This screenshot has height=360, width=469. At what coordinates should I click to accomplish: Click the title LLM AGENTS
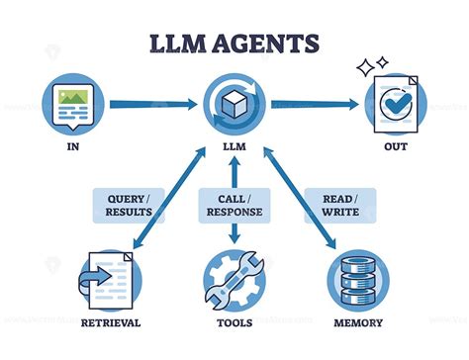click(234, 44)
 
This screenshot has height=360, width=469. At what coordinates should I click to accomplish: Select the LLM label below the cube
click(234, 151)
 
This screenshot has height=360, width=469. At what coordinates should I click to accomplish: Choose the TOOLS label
click(234, 322)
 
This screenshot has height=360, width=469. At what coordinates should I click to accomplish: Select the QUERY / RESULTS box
click(129, 204)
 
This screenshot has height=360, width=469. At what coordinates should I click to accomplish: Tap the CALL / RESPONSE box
click(234, 204)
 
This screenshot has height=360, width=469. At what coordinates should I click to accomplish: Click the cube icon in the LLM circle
click(234, 104)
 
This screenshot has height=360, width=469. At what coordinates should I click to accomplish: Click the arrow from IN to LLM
click(148, 103)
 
